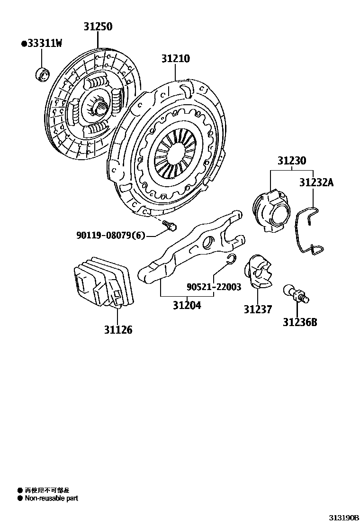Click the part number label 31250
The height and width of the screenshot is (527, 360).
[x=98, y=27]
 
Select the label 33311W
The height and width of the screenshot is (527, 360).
[x=42, y=44]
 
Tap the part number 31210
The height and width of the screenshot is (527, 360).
[x=175, y=59]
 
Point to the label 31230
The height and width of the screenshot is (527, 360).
[x=291, y=161]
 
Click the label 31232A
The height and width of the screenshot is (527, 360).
[x=316, y=182]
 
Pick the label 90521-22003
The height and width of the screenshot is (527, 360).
[x=213, y=287]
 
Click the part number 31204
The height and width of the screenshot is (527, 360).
[x=186, y=306]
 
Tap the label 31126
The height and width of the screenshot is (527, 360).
[x=118, y=329]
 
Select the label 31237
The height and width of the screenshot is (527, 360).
[x=258, y=309]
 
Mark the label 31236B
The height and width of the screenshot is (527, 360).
[x=300, y=323]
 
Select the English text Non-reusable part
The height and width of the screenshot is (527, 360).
[x=51, y=498]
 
